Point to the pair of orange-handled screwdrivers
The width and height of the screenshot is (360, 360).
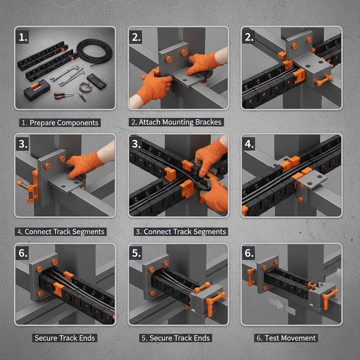(63, 95)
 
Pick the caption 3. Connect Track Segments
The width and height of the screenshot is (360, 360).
(180, 232)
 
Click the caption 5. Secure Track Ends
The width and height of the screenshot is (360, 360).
(175, 338)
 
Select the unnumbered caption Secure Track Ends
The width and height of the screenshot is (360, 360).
(65, 338)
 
